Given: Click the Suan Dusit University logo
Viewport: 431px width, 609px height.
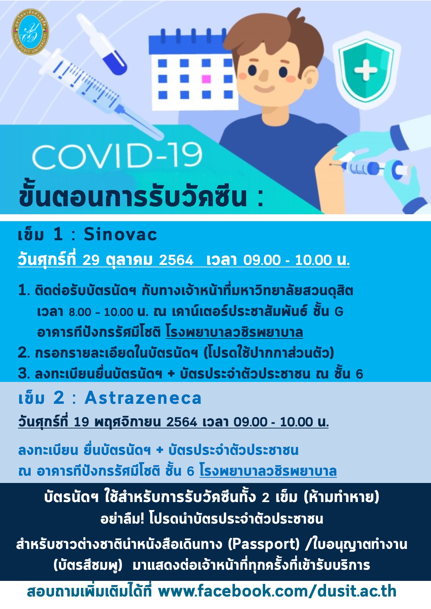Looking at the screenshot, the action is (x=30, y=32).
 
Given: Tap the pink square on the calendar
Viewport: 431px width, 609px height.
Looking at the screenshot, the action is (x=206, y=79).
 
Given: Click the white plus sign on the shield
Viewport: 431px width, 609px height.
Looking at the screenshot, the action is (x=366, y=70).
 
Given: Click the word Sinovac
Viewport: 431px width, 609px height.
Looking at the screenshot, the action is (x=120, y=234).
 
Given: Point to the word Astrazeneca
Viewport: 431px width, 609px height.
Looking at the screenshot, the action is (x=143, y=398).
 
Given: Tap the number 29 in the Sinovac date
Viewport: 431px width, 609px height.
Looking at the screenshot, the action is (x=91, y=260).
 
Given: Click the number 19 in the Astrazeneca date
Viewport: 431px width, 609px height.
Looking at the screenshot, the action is (x=82, y=422).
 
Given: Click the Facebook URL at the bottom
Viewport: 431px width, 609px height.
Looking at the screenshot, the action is (x=277, y=591).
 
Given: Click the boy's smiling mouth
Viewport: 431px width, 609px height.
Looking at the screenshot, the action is (x=264, y=88).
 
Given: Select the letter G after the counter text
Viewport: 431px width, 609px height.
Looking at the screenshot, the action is (x=339, y=312).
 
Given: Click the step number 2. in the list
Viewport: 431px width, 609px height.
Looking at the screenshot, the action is (x=24, y=353).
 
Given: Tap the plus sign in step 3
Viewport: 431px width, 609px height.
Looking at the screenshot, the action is (x=171, y=373).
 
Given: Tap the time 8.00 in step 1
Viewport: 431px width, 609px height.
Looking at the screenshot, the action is (x=80, y=312).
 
